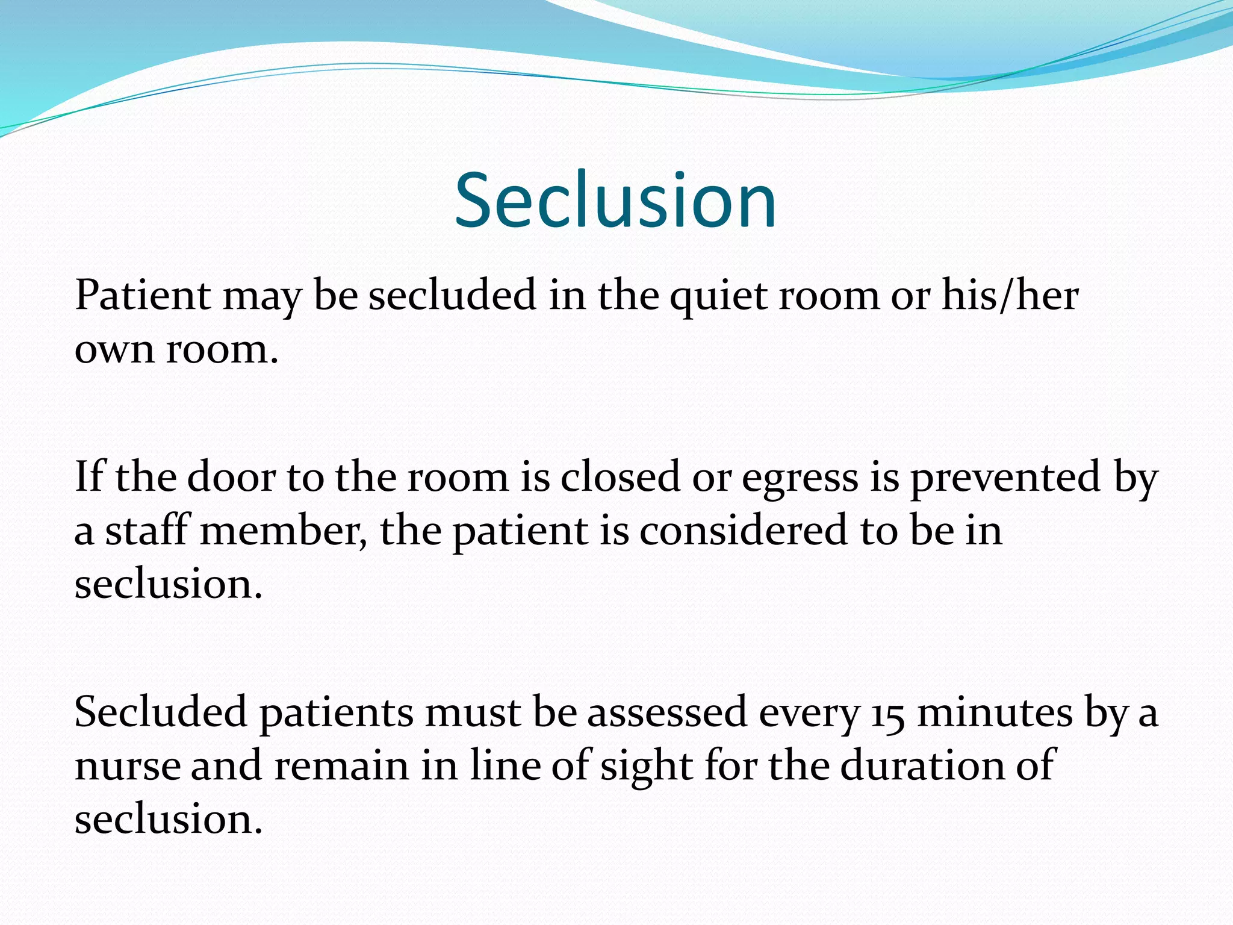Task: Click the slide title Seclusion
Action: coord(615,201)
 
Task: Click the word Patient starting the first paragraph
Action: coord(143,296)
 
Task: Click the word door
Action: coord(231,477)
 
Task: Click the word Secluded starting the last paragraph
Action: coord(161,712)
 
